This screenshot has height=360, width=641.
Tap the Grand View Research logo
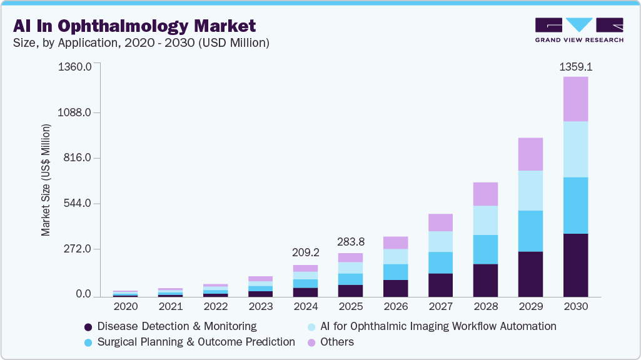[x=578, y=29]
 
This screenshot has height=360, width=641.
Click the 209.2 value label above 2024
[x=305, y=253]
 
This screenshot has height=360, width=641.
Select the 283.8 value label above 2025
[x=350, y=241]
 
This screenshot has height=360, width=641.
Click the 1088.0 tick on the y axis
[x=76, y=112]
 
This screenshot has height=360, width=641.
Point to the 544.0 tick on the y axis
[x=78, y=204]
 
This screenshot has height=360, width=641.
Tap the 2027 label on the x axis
[x=440, y=307]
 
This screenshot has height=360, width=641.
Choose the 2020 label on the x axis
[x=125, y=307]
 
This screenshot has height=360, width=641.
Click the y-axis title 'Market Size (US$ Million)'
[x=46, y=180]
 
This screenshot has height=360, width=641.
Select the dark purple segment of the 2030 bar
[x=575, y=265]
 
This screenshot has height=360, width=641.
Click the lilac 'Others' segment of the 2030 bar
[x=575, y=99]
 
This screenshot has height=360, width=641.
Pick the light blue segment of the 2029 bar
[x=530, y=191]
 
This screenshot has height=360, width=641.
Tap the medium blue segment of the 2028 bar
[x=485, y=249]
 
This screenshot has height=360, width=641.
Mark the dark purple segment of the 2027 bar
[x=440, y=284]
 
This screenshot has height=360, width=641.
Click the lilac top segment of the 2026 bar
[x=395, y=242]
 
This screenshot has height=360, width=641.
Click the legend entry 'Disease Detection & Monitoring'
[x=170, y=326]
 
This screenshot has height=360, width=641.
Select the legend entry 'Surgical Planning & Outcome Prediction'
[x=189, y=342]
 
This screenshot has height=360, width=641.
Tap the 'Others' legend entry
[x=336, y=342]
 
